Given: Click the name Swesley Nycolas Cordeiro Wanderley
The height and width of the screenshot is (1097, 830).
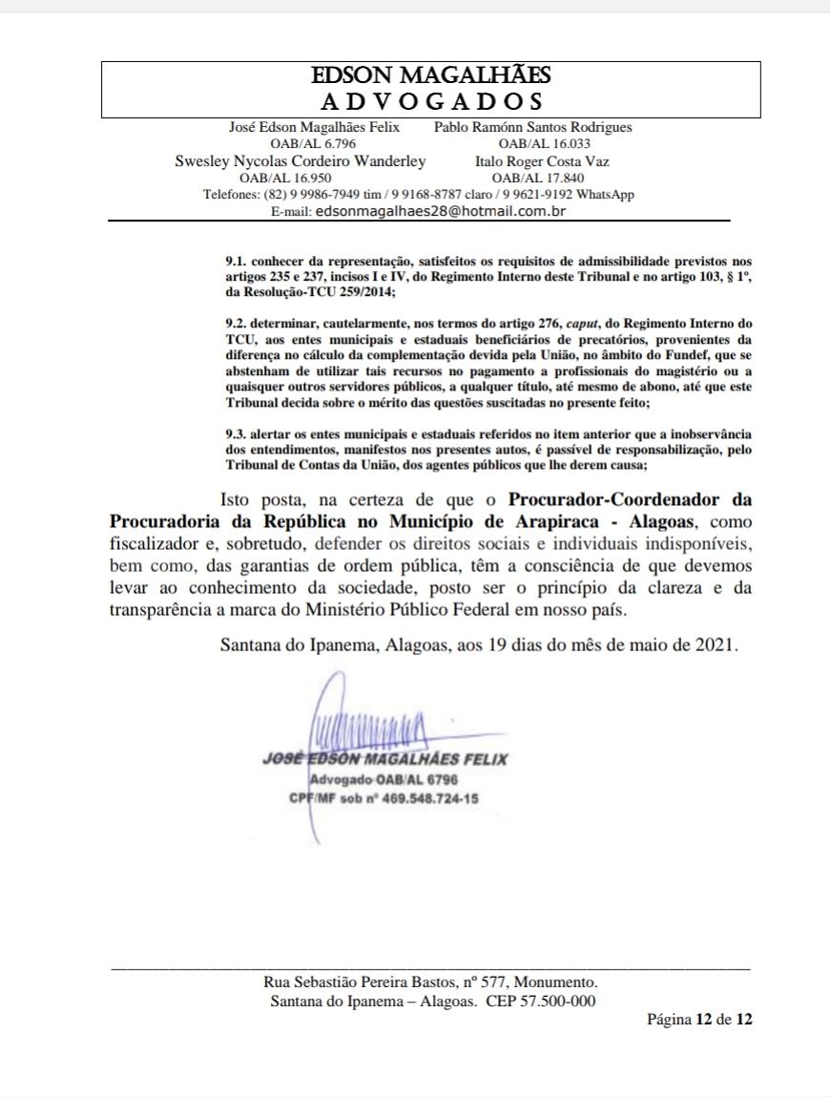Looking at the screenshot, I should (301, 161).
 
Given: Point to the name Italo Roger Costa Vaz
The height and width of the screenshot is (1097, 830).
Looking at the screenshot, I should (542, 161).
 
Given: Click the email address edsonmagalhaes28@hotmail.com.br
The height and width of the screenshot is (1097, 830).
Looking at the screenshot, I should (441, 211).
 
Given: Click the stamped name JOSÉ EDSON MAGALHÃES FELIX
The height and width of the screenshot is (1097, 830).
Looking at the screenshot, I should (384, 760).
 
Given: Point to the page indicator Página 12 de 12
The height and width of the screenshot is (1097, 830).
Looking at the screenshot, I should (699, 1020).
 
